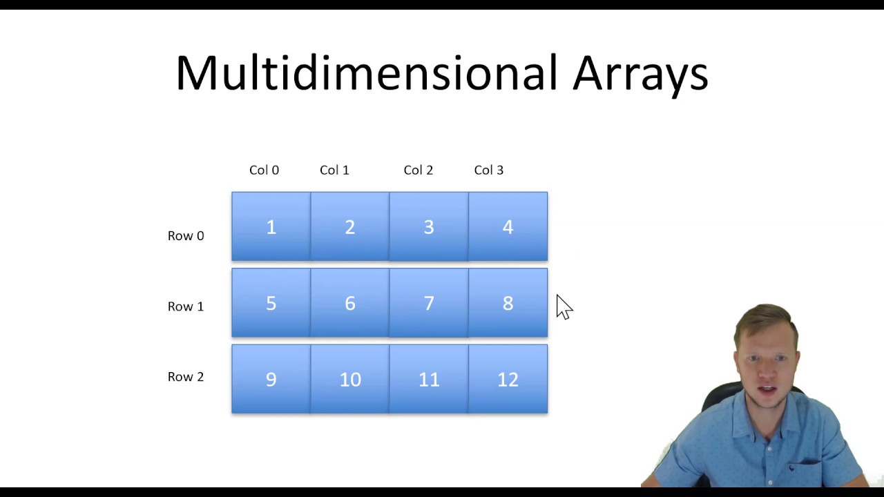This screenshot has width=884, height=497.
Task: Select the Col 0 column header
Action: (x=264, y=170)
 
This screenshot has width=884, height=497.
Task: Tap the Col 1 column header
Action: (x=334, y=170)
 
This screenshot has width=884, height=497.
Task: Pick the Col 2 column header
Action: (x=418, y=170)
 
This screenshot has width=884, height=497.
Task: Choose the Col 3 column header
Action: (x=488, y=170)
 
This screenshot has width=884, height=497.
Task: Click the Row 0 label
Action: (x=186, y=236)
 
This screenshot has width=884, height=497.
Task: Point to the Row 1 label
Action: (x=186, y=306)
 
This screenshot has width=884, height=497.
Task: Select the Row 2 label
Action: (x=186, y=377)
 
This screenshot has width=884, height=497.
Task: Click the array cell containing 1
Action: (x=271, y=227)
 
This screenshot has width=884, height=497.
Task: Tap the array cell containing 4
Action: (x=508, y=227)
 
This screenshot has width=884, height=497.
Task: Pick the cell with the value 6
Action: (x=350, y=303)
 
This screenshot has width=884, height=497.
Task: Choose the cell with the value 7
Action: (x=429, y=303)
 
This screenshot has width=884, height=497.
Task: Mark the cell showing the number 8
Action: (x=508, y=303)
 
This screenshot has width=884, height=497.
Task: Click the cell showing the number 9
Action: (x=271, y=379)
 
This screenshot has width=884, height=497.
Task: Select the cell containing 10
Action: (x=350, y=379)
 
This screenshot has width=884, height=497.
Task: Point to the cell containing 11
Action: (x=429, y=379)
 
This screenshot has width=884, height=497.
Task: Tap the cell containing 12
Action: (x=508, y=379)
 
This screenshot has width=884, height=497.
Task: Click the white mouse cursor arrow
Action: (x=564, y=308)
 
